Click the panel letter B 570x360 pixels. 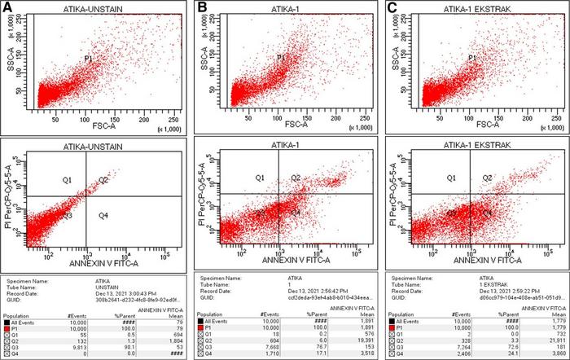(200, 7)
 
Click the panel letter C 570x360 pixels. (391, 7)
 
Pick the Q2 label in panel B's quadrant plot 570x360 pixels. (296, 178)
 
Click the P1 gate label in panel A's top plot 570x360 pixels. (88, 57)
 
